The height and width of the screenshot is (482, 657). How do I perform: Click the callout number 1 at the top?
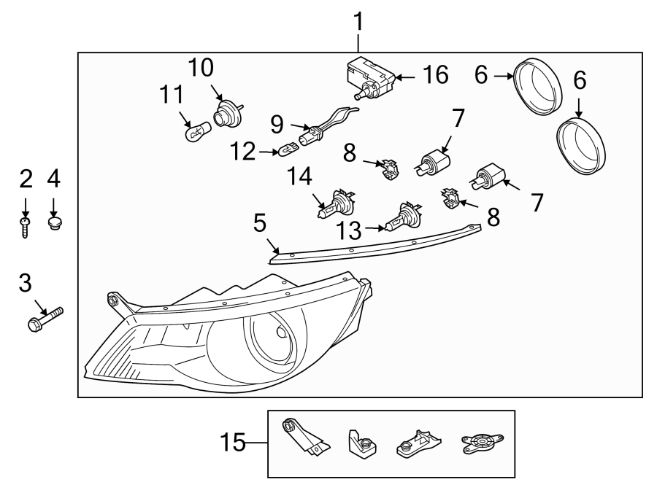point(358,23)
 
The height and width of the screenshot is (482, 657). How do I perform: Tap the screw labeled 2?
point(26,224)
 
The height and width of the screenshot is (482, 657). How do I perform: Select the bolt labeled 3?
point(45,319)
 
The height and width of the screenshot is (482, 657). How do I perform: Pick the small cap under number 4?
point(53,221)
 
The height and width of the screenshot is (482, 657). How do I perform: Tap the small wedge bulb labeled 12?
point(288,151)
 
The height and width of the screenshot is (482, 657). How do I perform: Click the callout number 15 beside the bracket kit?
point(231,442)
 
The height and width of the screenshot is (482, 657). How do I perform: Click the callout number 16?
point(435,76)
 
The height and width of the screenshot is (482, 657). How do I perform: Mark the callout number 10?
point(201,68)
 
